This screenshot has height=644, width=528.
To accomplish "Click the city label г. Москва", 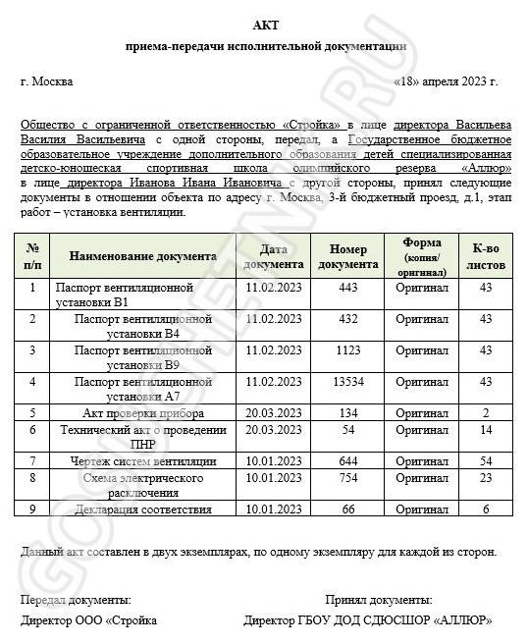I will pos(46,81).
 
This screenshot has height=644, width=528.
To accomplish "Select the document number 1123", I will pos(348,349).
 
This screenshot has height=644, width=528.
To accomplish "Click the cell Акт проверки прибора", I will pos(143,412).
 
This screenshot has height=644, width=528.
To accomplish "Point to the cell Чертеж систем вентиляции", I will pos(143,460).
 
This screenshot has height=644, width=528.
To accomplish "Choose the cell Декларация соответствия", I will pos(143,509).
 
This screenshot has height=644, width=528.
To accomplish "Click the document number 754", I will pos(348,477).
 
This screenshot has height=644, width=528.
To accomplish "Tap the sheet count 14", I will pos(485,429).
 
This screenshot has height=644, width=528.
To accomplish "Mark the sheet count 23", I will pos(485,477).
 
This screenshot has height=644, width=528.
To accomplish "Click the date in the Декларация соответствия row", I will pos(275,509).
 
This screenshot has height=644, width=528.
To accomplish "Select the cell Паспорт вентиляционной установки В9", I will pos(143,357).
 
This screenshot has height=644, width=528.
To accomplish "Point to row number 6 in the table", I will pos(32,429).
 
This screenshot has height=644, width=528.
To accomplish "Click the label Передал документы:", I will pos(76,599).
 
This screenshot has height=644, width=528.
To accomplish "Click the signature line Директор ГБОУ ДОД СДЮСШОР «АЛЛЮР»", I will pos(369,620).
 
